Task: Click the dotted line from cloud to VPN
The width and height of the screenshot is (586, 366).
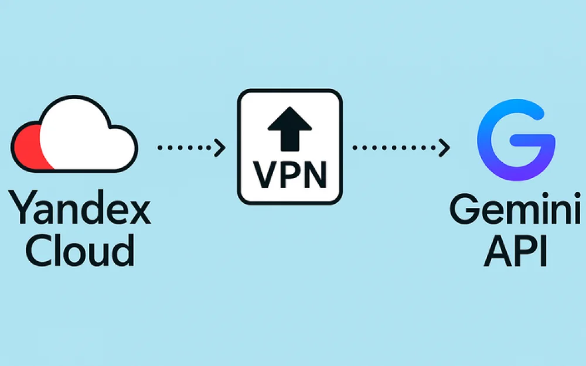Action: point(185,148)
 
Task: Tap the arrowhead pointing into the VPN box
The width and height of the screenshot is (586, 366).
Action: point(220,148)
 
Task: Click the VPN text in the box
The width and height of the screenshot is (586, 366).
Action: point(289,174)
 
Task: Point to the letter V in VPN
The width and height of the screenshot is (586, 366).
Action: point(263,174)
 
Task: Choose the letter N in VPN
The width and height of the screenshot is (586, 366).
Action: point(316,174)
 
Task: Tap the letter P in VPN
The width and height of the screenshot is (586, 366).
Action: point(289,174)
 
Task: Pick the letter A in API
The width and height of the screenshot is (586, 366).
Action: point(494,252)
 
